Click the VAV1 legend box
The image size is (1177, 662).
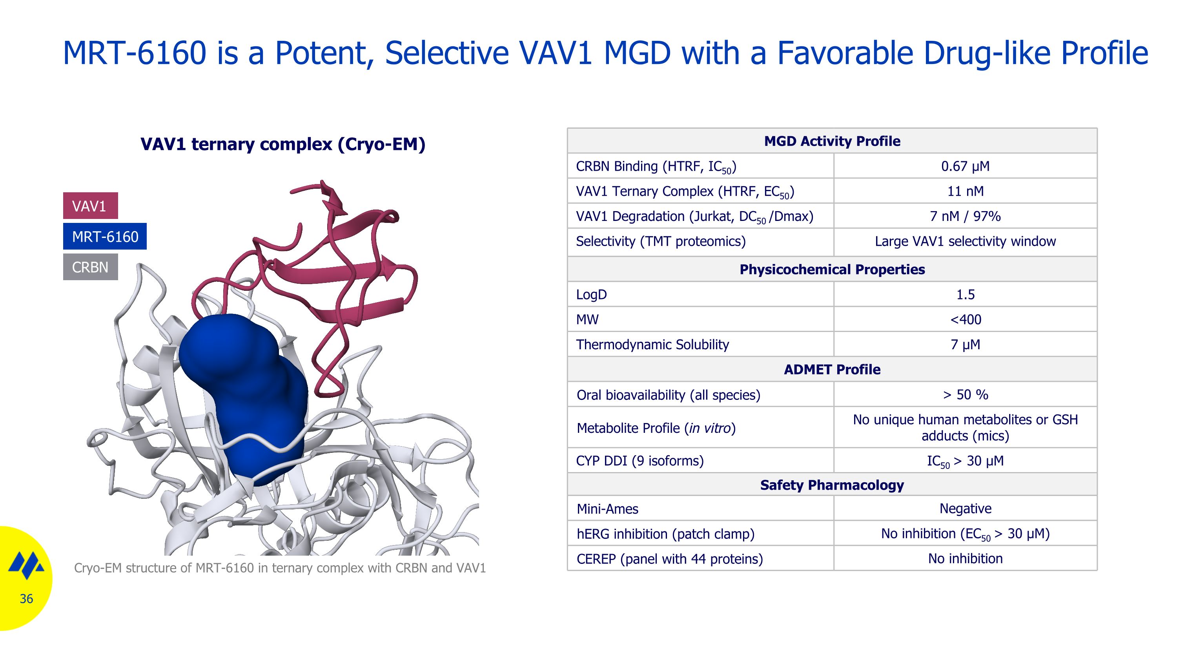pos(90,206)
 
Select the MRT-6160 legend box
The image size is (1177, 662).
pos(105,236)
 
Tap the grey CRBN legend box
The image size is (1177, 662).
pos(90,267)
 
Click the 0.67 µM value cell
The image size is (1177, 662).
pos(965,166)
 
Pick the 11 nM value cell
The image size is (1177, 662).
pos(965,191)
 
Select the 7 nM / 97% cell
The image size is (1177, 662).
pos(965,216)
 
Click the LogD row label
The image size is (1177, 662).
pos(591,294)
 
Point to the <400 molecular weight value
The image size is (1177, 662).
pos(965,319)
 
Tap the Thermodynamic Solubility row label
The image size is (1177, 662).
pos(652,345)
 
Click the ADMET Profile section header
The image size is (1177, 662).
pos(832,369)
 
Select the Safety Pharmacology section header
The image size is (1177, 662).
pos(832,485)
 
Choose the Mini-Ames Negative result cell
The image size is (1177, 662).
pos(965,509)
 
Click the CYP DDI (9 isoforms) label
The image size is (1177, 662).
pos(640,461)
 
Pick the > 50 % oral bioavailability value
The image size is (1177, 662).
pos(965,394)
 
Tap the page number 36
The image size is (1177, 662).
pos(26,598)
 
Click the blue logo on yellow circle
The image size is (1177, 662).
pos(26,565)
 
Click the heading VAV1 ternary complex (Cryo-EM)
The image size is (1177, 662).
pos(283,144)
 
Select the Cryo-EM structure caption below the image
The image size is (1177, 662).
pos(280,568)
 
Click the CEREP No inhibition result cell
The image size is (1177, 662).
pos(965,558)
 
